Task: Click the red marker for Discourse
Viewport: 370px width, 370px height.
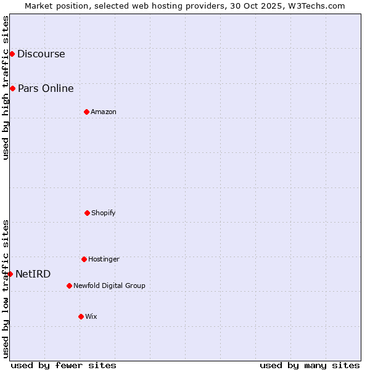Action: coord(12,54)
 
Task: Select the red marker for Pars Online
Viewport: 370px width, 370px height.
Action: coord(12,88)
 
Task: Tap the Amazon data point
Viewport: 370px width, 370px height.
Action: coord(86,112)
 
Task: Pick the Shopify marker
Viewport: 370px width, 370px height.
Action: coord(87,213)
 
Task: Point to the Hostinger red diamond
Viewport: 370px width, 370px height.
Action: coord(84,259)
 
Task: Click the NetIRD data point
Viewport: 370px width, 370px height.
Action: coord(10,274)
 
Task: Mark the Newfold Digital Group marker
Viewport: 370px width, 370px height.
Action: coord(69,286)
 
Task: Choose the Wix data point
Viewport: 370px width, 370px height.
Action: coord(81,316)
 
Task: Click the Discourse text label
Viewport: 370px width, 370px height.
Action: coord(41,54)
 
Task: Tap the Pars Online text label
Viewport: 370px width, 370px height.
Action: coord(46,88)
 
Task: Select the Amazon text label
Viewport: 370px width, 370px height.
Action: coord(104,112)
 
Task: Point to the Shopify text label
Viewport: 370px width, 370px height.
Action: coord(104,213)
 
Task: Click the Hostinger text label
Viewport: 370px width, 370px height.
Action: coord(104,259)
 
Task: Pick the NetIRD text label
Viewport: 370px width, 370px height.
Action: coord(33,274)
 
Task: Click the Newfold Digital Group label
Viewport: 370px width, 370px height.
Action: coord(109,286)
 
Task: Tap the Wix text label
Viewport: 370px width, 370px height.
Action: coord(91,316)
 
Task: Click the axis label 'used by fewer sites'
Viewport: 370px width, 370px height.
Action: coord(64,365)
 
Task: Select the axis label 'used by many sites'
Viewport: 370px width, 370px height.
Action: coord(310,365)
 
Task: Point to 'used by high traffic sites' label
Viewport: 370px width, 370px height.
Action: coord(6,88)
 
